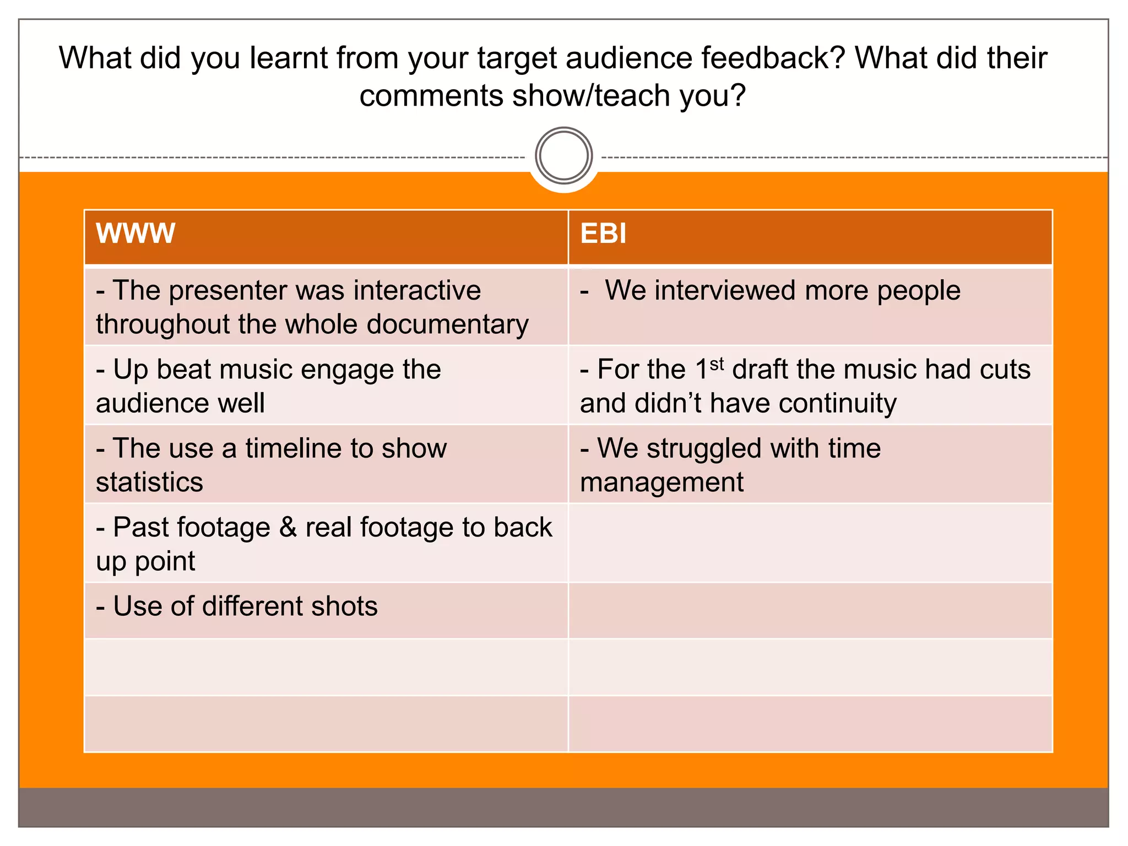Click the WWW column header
click(135, 234)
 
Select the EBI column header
click(603, 234)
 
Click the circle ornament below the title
click(563, 156)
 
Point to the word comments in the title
click(431, 96)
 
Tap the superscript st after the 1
click(717, 364)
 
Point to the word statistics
click(149, 482)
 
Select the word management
click(661, 482)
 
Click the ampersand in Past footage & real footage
click(288, 527)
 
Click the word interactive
click(417, 290)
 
